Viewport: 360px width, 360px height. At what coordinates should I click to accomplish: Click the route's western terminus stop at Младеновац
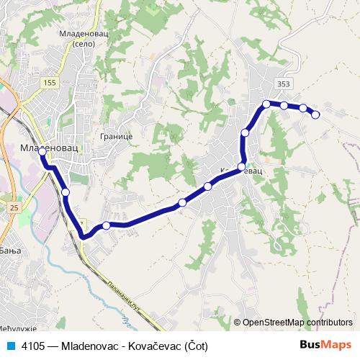[42, 151]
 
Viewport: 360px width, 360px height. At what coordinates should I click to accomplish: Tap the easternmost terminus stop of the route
[315, 114]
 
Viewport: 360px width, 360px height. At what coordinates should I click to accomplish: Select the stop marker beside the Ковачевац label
[242, 166]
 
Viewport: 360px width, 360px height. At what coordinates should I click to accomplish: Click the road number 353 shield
[283, 84]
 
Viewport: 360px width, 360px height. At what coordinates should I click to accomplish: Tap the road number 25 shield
[14, 207]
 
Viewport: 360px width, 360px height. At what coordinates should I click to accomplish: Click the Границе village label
[116, 135]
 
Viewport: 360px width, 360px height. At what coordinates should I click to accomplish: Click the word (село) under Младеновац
[84, 44]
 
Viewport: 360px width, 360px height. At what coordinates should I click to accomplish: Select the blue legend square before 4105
[10, 346]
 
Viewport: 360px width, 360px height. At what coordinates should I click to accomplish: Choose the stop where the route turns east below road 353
[266, 104]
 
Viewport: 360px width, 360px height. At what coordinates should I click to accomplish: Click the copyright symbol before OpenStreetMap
[237, 323]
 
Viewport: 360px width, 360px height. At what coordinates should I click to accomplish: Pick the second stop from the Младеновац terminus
[66, 192]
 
